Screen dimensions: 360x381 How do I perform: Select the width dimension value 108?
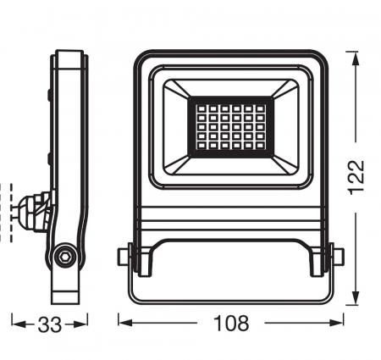click(231, 323)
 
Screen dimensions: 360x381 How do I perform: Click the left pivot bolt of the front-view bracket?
click(124, 254)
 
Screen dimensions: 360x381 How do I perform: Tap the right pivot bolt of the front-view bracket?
click(339, 254)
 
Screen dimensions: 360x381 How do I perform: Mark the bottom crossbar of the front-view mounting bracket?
click(231, 297)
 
